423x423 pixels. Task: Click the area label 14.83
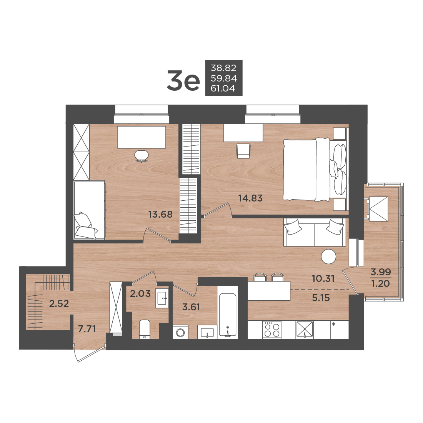click(x=250, y=198)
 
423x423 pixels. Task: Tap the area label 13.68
click(x=160, y=215)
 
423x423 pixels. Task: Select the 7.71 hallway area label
click(x=87, y=329)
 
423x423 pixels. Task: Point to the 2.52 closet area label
click(x=59, y=304)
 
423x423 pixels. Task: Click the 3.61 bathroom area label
click(x=191, y=307)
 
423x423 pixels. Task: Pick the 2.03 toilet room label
click(x=140, y=293)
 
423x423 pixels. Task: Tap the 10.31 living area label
click(x=323, y=278)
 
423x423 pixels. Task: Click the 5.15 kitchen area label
click(x=321, y=298)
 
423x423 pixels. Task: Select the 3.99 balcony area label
click(x=381, y=271)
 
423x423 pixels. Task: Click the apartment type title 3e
click(x=183, y=80)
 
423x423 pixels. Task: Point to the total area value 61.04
click(x=223, y=88)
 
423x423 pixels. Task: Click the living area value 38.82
click(x=223, y=67)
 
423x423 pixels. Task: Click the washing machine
click(x=180, y=332)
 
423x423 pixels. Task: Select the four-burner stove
click(x=271, y=330)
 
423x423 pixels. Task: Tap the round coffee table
click(x=328, y=256)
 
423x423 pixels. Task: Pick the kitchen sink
click(x=305, y=330)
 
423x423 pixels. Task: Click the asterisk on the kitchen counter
click(x=334, y=325)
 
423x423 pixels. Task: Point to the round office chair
click(x=142, y=156)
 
